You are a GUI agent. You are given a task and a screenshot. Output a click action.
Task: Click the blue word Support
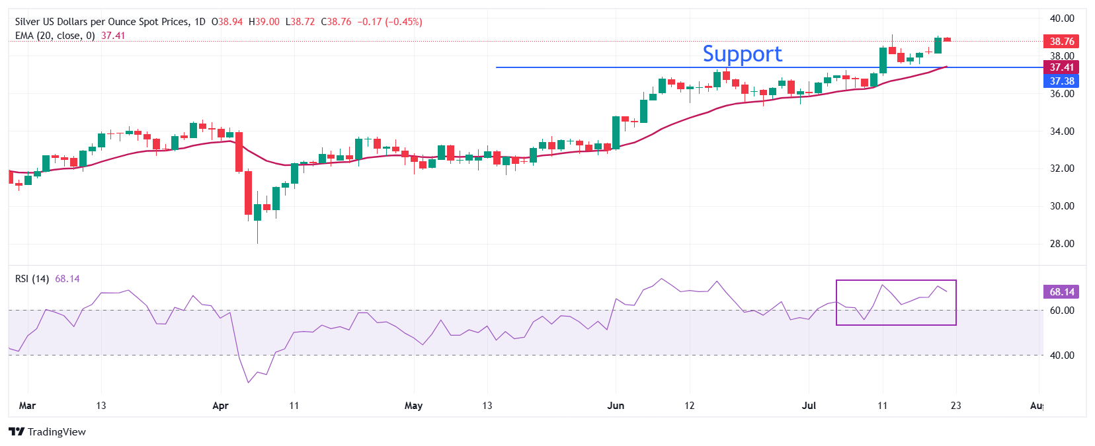click(x=742, y=54)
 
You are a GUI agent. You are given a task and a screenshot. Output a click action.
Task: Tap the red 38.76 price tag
click(x=1061, y=41)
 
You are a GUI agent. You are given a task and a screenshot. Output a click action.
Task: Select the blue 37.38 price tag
click(x=1061, y=81)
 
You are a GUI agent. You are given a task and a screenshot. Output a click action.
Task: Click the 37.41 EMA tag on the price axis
click(x=1061, y=67)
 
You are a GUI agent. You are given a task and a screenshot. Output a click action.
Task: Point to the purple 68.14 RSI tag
click(x=1061, y=291)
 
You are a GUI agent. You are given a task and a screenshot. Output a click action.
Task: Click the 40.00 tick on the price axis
click(x=1062, y=19)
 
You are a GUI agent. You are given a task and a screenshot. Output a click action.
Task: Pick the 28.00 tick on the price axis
click(x=1062, y=244)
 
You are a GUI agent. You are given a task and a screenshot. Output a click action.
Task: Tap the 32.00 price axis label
click(x=1062, y=168)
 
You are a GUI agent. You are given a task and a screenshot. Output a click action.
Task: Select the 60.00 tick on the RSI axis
click(x=1062, y=311)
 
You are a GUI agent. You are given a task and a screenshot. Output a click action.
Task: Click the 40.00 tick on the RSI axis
click(x=1062, y=355)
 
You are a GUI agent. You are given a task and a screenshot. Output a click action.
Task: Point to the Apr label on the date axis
click(x=220, y=406)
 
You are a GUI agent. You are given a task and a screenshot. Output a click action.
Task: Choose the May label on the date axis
click(x=413, y=406)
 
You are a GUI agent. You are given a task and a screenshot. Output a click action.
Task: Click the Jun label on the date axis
click(x=616, y=406)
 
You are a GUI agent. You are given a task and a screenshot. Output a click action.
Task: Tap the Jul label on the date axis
click(x=809, y=406)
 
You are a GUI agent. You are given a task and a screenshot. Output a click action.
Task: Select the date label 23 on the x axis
click(x=955, y=406)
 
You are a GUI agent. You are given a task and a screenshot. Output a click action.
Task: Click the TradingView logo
click(x=47, y=432)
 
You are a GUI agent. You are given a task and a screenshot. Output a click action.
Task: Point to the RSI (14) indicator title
click(x=32, y=279)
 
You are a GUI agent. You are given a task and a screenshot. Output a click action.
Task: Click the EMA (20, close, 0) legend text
click(x=55, y=36)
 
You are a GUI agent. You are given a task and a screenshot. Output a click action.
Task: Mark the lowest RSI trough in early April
click(x=249, y=382)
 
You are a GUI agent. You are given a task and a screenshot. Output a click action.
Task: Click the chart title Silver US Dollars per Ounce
click(x=102, y=22)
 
